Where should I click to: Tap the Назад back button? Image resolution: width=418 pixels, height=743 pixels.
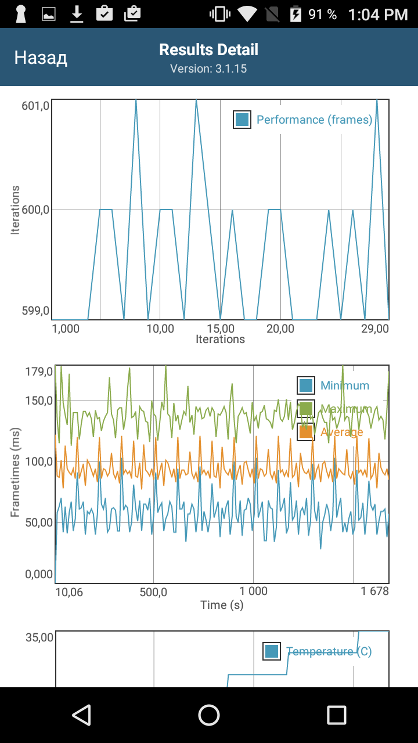pyautogui.click(x=41, y=57)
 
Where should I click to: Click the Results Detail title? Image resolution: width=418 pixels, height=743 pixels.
pyautogui.click(x=209, y=50)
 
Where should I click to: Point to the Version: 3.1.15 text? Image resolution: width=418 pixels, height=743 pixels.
pyautogui.click(x=208, y=68)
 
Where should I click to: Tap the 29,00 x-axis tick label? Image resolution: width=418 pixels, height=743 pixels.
pyautogui.click(x=374, y=329)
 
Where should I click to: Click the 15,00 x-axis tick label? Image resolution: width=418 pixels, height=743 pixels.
pyautogui.click(x=221, y=329)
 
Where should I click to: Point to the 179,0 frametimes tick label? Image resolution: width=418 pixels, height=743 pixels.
pyautogui.click(x=39, y=371)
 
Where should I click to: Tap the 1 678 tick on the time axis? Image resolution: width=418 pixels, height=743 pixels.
pyautogui.click(x=374, y=591)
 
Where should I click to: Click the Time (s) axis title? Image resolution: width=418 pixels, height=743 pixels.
pyautogui.click(x=222, y=605)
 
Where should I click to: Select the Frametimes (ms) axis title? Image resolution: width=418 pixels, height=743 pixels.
pyautogui.click(x=15, y=471)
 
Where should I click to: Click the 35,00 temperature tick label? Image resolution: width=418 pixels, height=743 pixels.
pyautogui.click(x=39, y=637)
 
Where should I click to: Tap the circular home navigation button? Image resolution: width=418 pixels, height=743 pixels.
pyautogui.click(x=209, y=715)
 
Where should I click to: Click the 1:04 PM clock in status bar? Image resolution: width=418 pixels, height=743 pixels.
pyautogui.click(x=378, y=15)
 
